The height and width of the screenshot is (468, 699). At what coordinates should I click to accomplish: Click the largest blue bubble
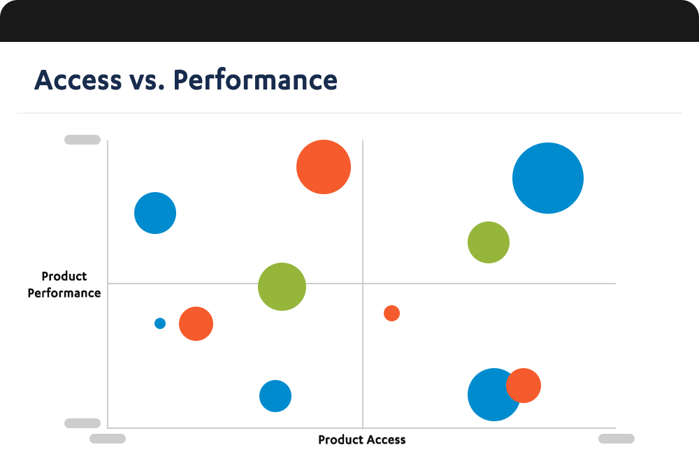548,178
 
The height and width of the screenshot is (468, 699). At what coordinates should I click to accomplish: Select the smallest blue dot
160,323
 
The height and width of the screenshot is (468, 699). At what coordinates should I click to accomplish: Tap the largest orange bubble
323,167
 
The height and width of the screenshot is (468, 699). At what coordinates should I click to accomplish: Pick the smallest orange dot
391,313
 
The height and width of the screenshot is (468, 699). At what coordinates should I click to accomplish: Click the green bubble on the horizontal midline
282,286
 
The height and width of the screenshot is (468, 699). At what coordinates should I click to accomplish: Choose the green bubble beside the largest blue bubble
488,242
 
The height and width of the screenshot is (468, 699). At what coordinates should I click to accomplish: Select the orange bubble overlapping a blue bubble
524,385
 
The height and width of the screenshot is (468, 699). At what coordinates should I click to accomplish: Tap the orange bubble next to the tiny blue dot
196,323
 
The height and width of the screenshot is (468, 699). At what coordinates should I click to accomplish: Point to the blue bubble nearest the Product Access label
275,396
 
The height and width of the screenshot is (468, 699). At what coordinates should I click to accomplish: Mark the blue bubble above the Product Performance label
155,213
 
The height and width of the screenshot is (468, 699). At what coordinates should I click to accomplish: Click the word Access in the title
78,80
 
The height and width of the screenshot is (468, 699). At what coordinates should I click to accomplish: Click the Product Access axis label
361,439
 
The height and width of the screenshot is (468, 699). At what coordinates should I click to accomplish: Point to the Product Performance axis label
64,284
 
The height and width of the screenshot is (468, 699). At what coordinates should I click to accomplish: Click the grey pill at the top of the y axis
82,140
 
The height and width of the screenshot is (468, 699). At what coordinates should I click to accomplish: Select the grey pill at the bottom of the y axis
82,423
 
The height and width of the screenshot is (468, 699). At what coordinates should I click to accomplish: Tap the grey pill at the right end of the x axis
617,439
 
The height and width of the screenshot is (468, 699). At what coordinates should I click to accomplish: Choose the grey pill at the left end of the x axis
108,439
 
